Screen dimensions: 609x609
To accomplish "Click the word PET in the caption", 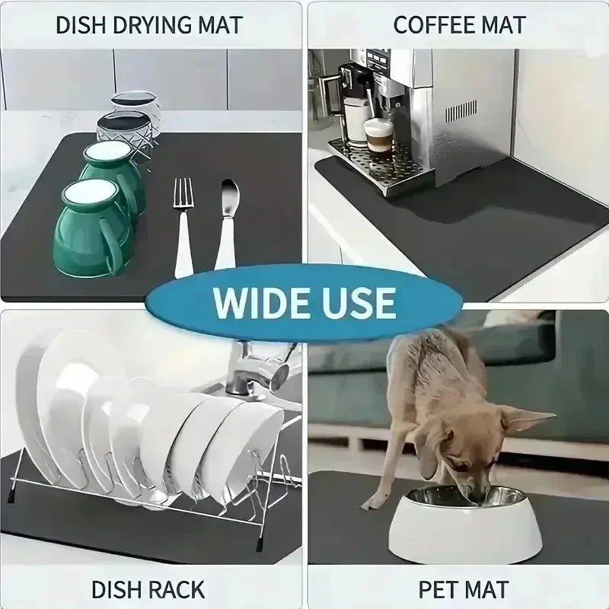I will [x=437, y=588].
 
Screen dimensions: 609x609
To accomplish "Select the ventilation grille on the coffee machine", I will [x=462, y=113].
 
